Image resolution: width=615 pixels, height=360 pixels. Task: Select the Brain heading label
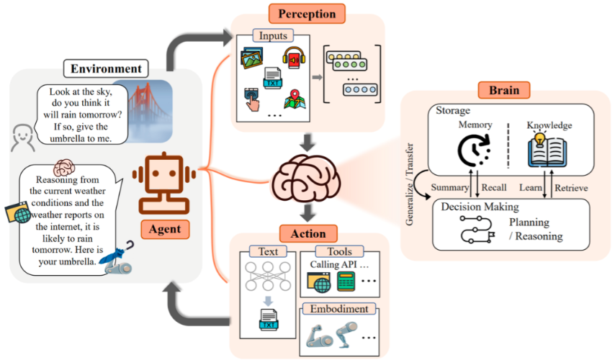(513, 91)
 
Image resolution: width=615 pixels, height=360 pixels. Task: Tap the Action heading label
(307, 234)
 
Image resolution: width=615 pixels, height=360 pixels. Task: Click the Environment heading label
(106, 69)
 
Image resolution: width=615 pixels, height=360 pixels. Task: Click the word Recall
(494, 188)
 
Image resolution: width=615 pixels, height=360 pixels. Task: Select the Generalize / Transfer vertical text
(410, 194)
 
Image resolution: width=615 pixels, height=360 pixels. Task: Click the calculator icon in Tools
(349, 282)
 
